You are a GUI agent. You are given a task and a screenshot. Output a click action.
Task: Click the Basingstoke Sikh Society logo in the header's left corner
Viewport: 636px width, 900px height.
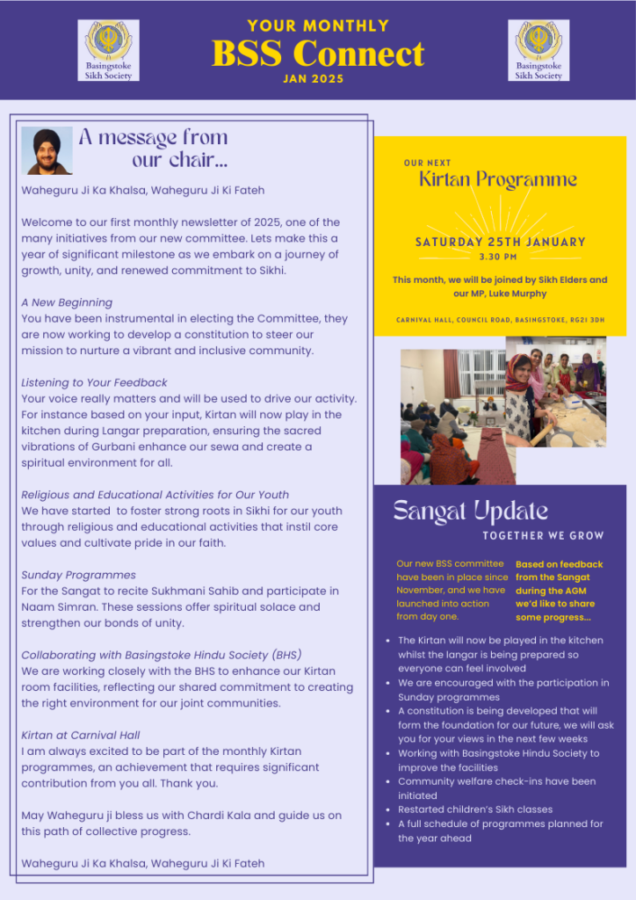coord(109,51)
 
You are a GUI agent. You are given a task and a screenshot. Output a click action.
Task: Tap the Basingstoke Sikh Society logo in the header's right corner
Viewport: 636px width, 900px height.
coord(538,51)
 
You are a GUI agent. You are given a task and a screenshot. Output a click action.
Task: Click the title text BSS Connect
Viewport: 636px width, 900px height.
coord(318,54)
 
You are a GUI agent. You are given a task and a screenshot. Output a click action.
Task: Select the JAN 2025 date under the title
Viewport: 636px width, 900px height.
coord(314,79)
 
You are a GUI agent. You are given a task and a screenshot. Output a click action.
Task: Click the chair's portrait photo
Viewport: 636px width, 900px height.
coord(47,150)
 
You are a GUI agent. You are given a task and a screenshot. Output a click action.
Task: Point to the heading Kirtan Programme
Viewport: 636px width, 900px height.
coord(498,180)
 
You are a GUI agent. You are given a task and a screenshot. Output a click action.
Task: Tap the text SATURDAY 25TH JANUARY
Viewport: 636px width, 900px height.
coord(500,242)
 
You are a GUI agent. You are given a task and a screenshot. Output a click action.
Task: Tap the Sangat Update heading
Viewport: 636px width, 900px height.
coord(458,511)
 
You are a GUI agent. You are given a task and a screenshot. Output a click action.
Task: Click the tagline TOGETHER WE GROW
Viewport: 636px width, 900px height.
coord(543,535)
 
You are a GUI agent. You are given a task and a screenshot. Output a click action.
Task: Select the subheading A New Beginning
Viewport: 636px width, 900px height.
coord(67,302)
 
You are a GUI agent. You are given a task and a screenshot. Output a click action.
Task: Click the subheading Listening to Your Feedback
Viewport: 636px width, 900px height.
coord(94,382)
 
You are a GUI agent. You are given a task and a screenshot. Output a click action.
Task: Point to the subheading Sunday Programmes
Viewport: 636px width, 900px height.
coord(78,575)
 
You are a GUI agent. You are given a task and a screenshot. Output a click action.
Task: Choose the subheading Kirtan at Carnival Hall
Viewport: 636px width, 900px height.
coord(81,735)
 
